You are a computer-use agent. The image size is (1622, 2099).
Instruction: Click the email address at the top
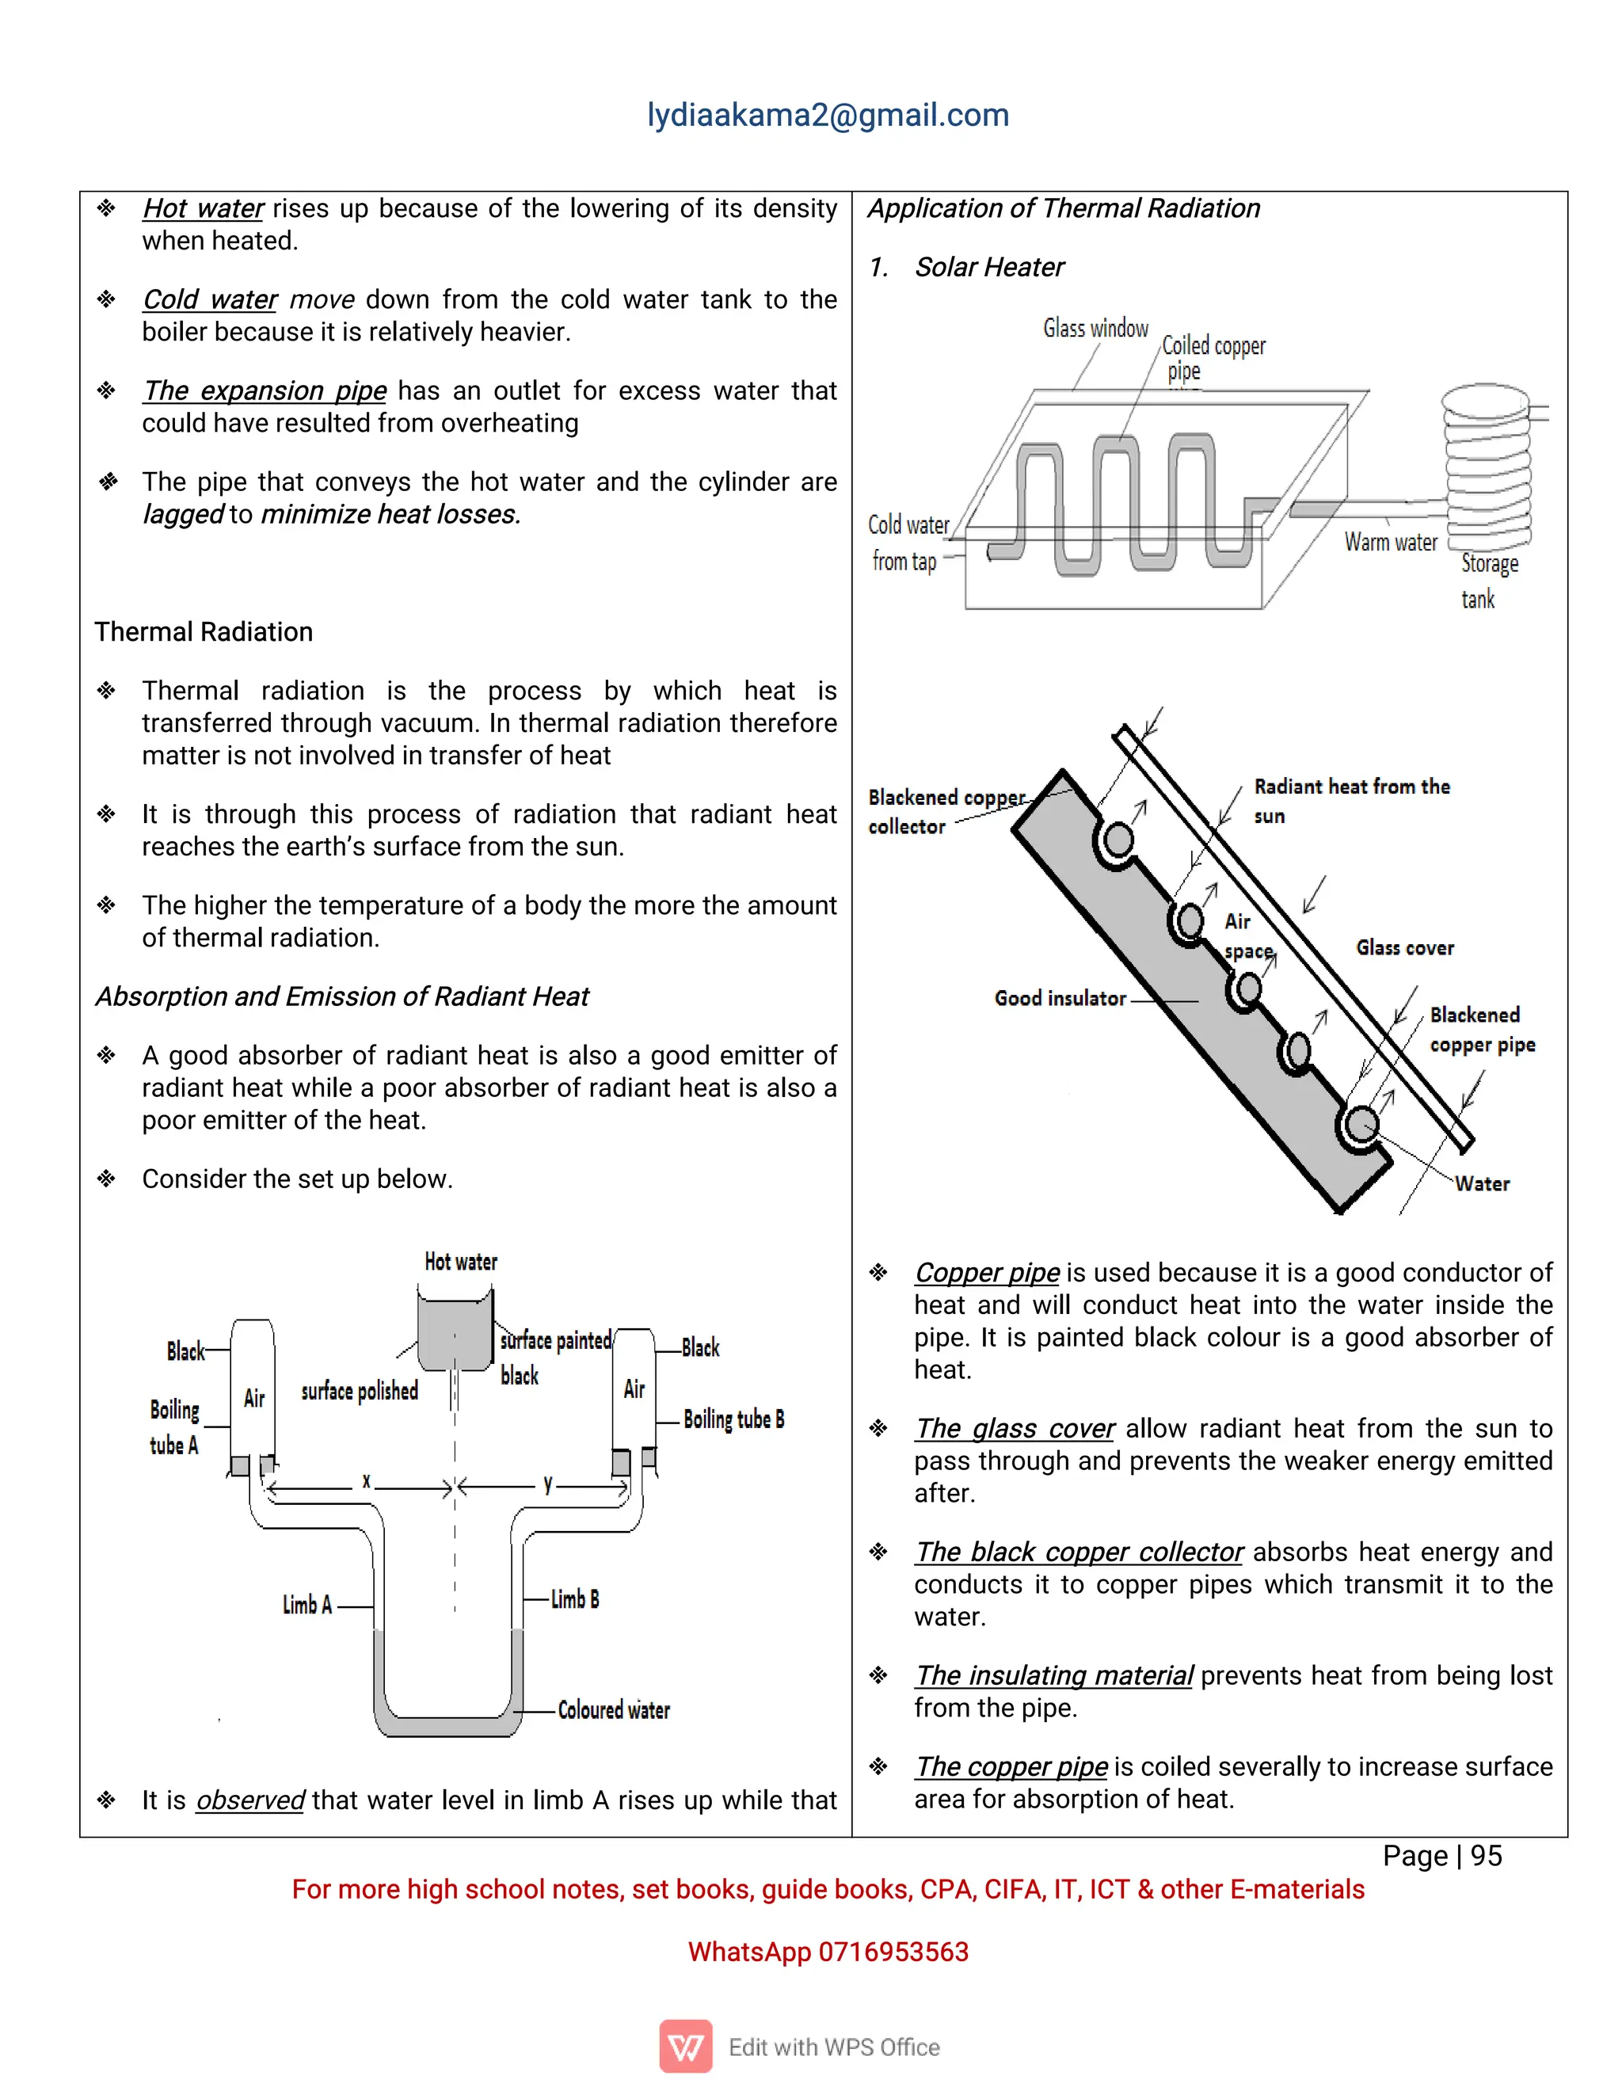coord(828,116)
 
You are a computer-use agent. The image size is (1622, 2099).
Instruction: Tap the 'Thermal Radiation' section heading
coord(204,631)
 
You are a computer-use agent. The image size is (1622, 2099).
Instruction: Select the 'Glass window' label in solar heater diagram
coord(1095,329)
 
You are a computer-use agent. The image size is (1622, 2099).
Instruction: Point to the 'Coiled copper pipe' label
coord(1213,356)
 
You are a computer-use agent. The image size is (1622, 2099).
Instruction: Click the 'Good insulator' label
coord(1059,999)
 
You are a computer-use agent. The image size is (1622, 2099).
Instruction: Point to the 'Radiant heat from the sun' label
coord(1350,800)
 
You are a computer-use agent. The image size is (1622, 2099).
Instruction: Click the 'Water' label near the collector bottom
coord(1482,1184)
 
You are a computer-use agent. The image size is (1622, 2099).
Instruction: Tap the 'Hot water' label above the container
coord(461,1262)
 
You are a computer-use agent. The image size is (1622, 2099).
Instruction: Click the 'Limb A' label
coord(307,1605)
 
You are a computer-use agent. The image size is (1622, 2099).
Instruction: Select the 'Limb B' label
coord(575,1599)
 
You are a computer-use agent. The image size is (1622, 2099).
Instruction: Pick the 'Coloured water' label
coord(614,1710)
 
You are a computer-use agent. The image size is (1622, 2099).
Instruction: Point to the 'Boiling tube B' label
coord(733,1419)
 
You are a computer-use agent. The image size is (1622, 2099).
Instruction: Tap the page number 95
coord(1486,1856)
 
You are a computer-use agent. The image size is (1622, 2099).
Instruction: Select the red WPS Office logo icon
coord(685,2046)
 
